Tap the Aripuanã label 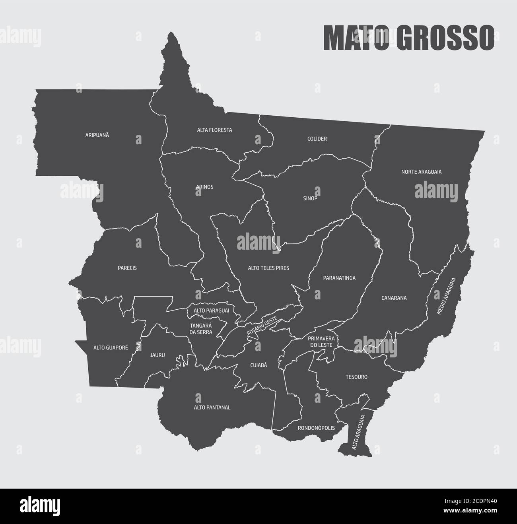click(x=97, y=135)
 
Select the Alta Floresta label click(x=214, y=130)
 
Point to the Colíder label click(x=317, y=139)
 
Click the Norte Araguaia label click(x=422, y=172)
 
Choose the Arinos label click(x=205, y=187)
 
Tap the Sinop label click(x=310, y=198)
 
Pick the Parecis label click(x=127, y=268)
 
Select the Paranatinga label click(x=339, y=278)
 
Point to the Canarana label click(x=394, y=298)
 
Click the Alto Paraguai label click(x=211, y=311)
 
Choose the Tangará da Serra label click(x=201, y=328)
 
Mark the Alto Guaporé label click(x=111, y=347)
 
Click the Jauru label click(x=157, y=355)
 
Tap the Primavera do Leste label click(x=323, y=342)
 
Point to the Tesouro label click(x=356, y=377)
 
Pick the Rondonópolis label click(x=316, y=428)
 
